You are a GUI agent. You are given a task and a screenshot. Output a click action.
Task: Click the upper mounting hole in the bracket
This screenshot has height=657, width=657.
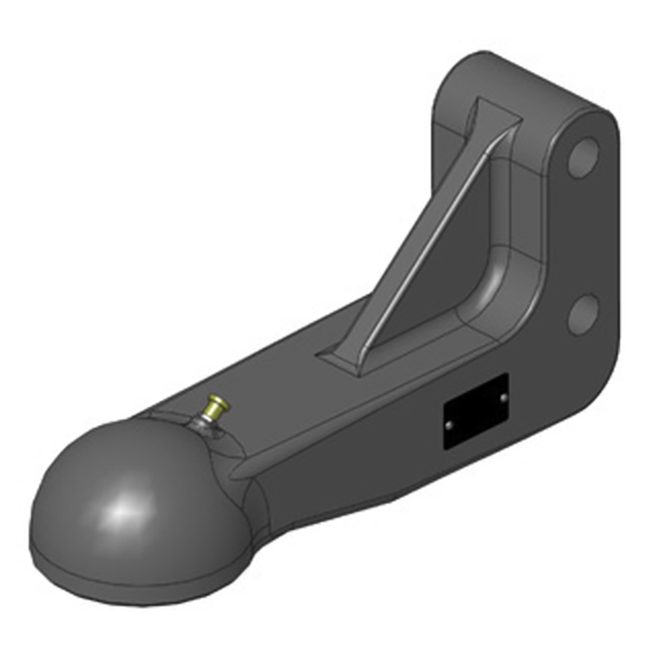pyautogui.click(x=582, y=159)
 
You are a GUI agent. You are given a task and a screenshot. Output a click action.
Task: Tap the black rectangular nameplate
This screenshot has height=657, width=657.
pyautogui.click(x=476, y=411)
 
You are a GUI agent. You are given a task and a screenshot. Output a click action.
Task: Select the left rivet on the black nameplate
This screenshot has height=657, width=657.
pyautogui.click(x=448, y=425)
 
